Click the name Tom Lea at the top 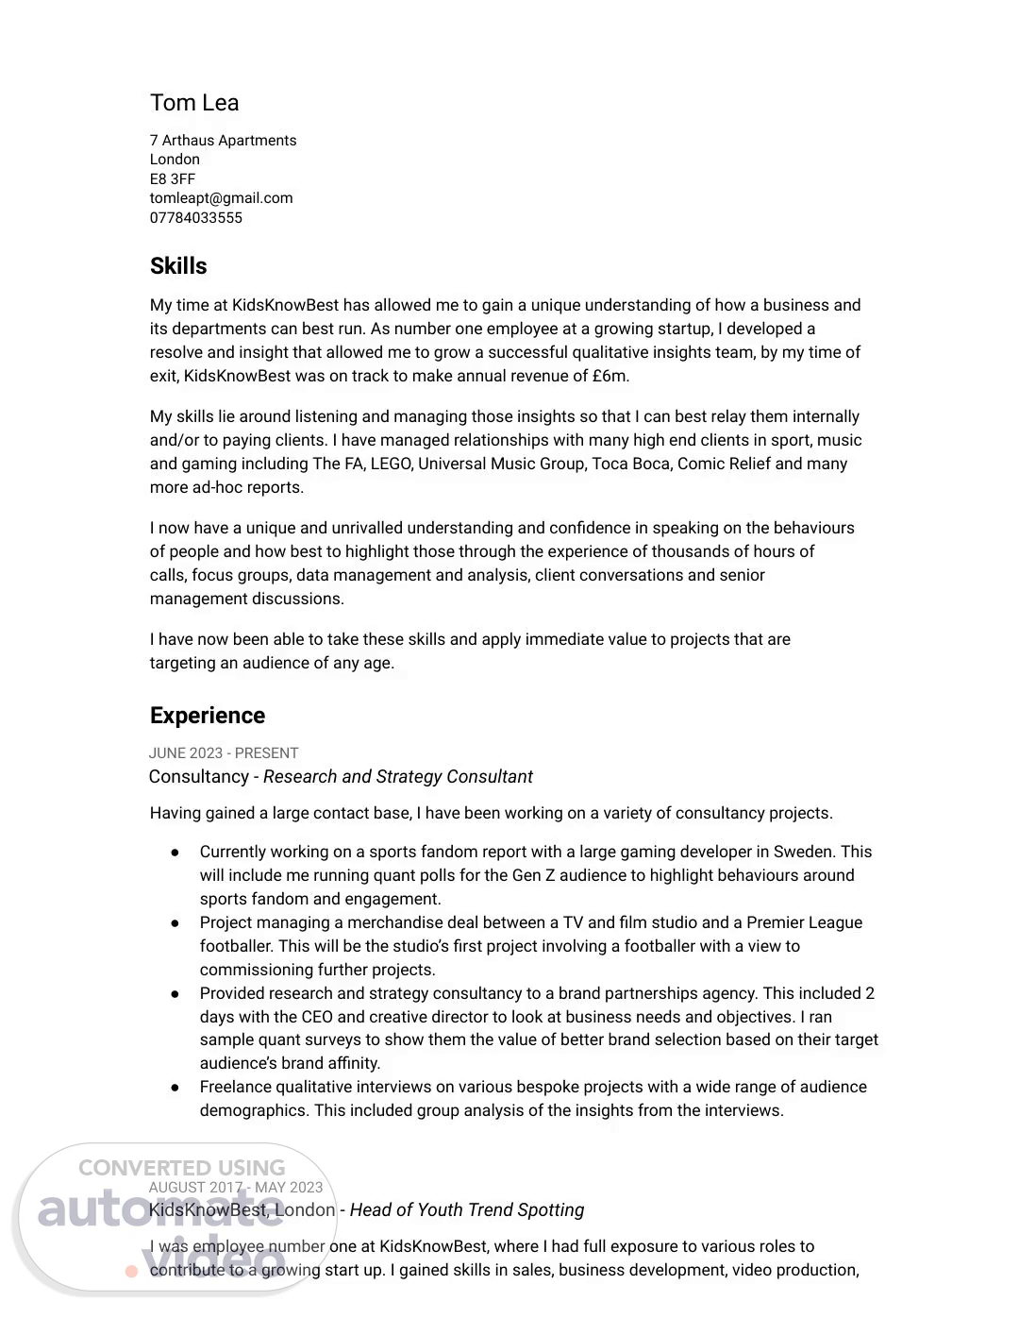pos(194,103)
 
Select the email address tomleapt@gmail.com pos(221,198)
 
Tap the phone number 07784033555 pos(196,218)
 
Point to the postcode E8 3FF pos(173,179)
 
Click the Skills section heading pos(178,266)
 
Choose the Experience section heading pos(208,716)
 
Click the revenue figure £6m pos(610,376)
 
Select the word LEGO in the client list pos(390,464)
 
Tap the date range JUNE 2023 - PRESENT pos(224,753)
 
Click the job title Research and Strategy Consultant pos(397,777)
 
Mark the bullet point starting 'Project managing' pos(175,923)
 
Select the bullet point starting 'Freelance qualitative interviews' pos(175,1088)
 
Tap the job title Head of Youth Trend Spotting pos(467,1210)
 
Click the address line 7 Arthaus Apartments pos(223,141)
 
